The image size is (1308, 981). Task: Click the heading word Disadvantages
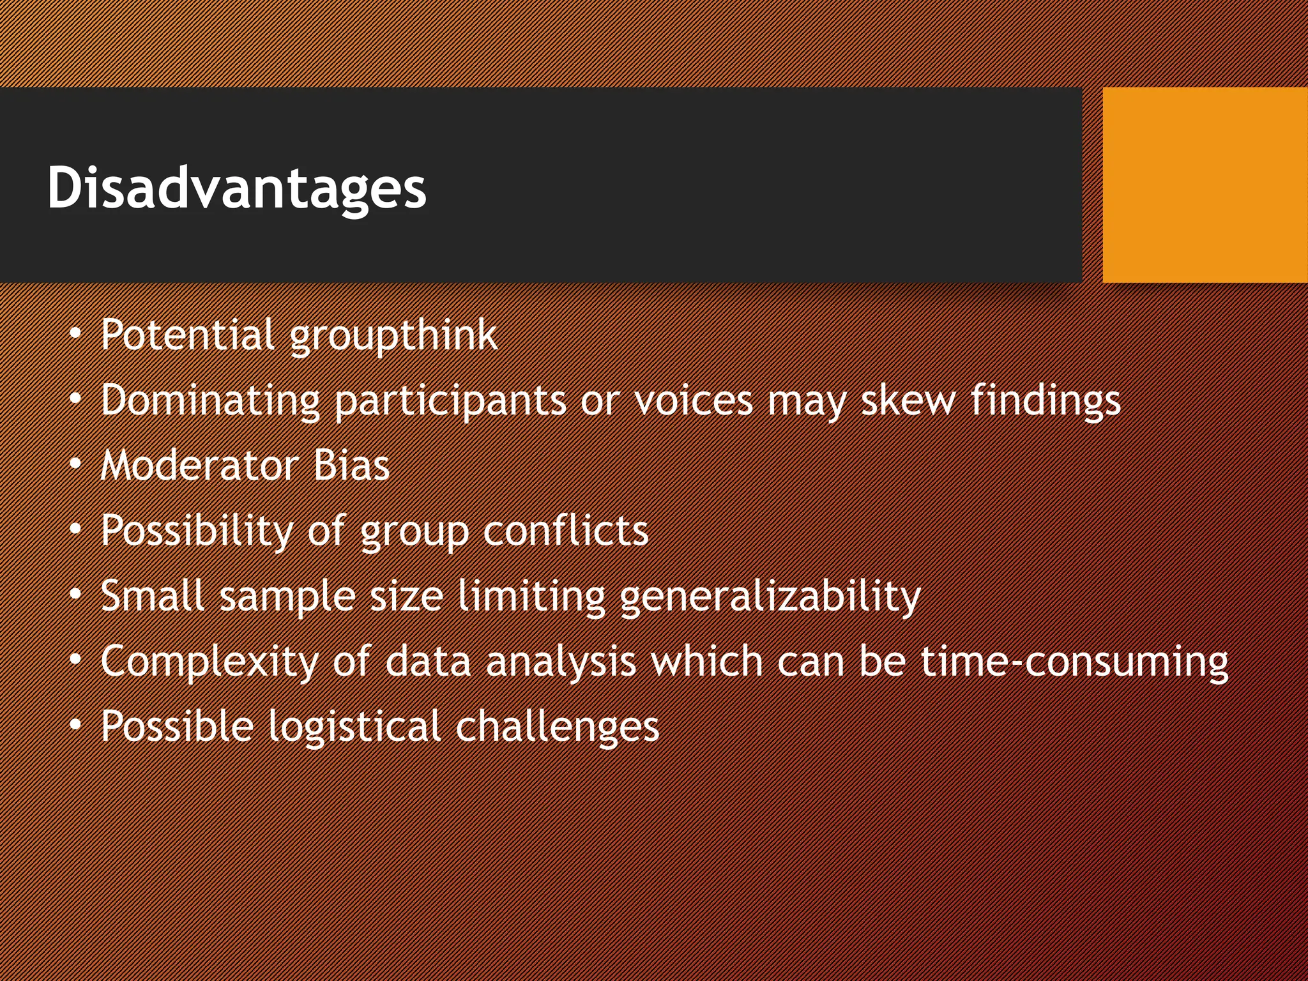point(236,187)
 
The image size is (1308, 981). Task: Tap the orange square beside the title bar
point(1205,185)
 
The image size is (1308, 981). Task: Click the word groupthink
point(393,335)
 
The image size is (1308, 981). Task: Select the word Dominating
point(210,401)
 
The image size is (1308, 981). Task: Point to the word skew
point(908,400)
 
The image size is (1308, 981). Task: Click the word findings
point(1046,401)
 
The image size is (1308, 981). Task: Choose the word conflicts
point(565,531)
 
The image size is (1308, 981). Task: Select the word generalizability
point(770,597)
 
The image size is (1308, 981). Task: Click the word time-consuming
point(1074,661)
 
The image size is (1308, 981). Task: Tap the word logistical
point(354,727)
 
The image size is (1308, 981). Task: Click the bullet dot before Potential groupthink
point(76,334)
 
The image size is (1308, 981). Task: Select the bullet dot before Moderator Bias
point(76,464)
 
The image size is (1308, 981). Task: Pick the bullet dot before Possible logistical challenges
point(76,725)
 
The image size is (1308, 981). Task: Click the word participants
point(450,401)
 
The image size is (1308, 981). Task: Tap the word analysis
point(561,662)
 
